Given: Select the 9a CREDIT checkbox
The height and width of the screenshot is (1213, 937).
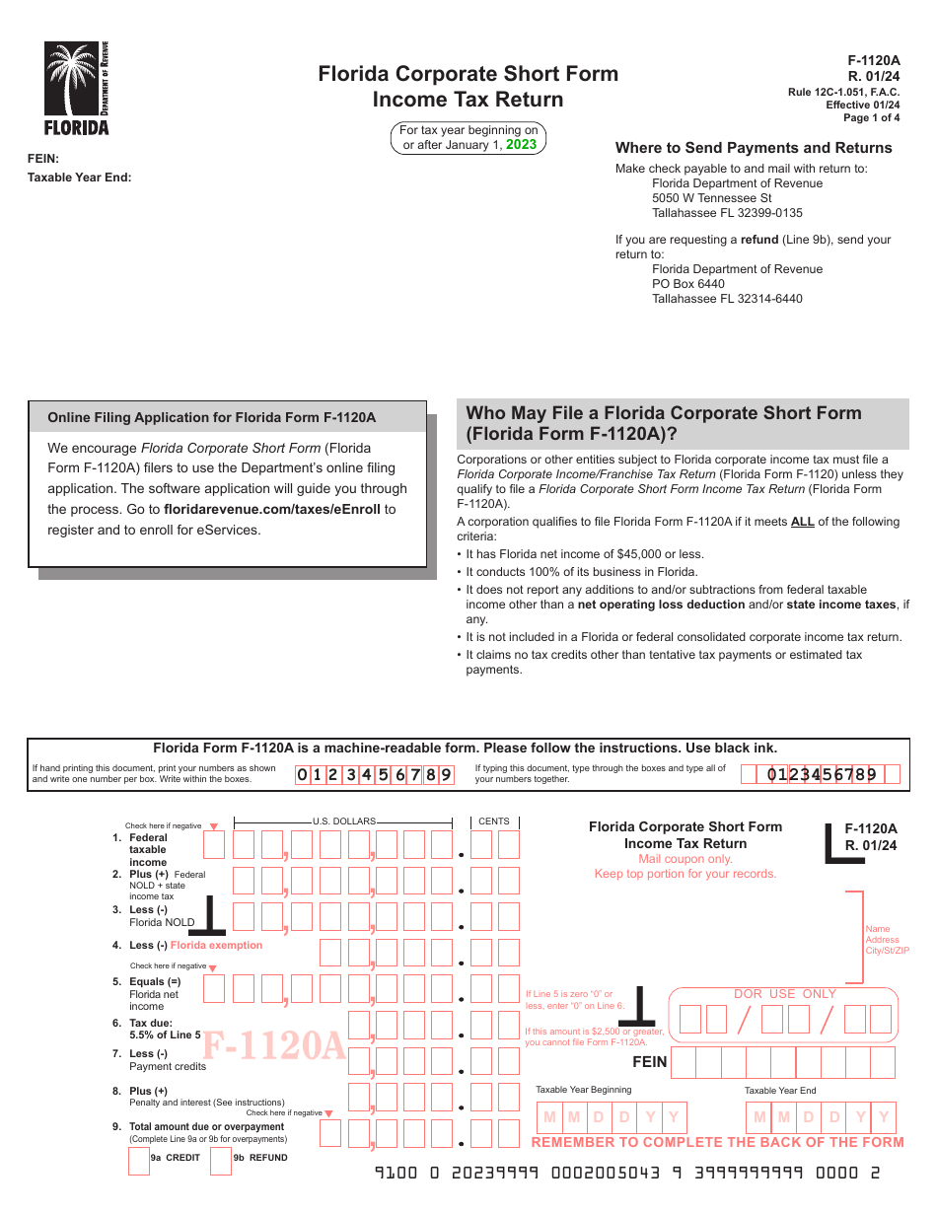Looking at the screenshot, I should tap(139, 1160).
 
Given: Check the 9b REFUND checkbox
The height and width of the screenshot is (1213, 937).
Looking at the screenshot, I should tap(221, 1160).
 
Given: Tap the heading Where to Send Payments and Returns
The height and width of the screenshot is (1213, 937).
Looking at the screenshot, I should tap(754, 148).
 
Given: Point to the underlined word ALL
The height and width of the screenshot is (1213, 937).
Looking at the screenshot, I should tap(802, 522).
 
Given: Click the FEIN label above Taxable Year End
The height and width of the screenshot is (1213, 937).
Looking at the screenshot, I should tap(43, 159).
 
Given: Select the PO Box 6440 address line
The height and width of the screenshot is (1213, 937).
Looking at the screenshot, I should tap(688, 284).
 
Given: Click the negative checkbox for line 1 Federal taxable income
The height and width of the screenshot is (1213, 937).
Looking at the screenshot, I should tap(213, 844).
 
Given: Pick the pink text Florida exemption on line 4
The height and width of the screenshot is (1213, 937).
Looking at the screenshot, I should tap(217, 945).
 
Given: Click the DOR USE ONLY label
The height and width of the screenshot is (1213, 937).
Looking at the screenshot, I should tap(785, 994).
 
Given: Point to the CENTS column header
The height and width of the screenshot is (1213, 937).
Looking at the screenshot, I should tap(494, 821).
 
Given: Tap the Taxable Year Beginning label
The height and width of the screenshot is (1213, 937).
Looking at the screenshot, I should tap(583, 1090).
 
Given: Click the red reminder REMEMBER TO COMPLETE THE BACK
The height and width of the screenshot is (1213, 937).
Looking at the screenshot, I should tap(717, 1142).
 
